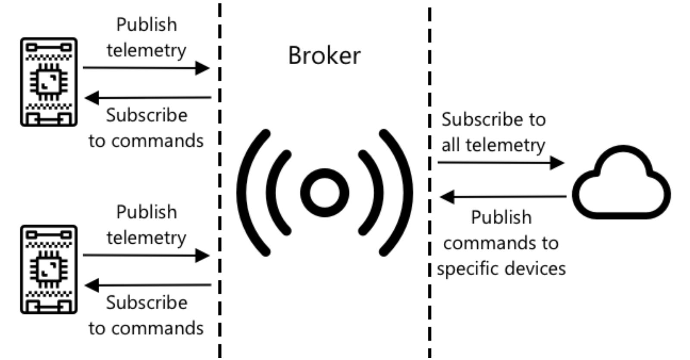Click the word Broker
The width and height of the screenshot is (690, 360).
324,56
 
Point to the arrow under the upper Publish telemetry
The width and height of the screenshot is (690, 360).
146,68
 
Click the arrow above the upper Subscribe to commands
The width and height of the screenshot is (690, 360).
148,97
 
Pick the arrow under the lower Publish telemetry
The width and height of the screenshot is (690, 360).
146,256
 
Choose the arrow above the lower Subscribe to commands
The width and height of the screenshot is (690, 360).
148,285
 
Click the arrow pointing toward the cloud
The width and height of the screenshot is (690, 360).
501,163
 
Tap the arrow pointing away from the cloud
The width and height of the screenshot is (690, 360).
503,197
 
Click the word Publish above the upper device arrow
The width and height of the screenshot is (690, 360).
147,25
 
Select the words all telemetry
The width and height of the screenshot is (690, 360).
493,145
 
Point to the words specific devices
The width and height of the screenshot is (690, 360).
501,269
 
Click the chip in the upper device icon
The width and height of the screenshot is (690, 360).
49,82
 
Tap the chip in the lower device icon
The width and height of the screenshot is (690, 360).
49,269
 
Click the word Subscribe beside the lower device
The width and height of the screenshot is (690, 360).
147,303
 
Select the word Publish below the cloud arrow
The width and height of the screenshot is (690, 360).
501,217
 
